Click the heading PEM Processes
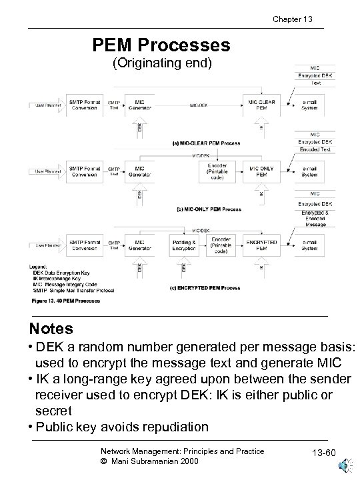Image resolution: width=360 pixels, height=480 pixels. [x=161, y=45]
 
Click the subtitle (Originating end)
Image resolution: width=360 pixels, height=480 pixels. [x=162, y=64]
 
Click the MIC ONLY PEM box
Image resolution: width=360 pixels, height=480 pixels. [x=261, y=172]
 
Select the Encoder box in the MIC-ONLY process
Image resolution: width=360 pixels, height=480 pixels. [x=221, y=171]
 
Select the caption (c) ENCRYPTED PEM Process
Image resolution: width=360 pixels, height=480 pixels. [x=205, y=287]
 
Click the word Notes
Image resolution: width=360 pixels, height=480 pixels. [x=51, y=329]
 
